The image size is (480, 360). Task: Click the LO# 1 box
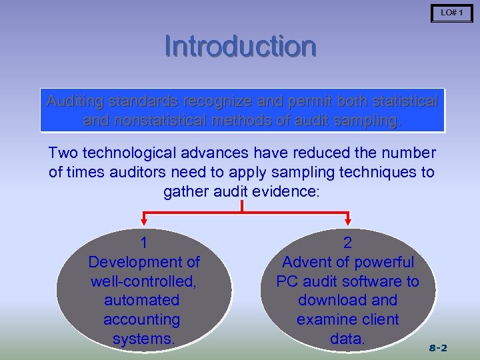coord(451,13)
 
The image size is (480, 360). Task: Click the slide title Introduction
coord(240,47)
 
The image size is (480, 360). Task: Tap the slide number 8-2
coord(437,348)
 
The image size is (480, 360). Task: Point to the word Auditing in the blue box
coord(75,102)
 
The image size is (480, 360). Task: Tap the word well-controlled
coord(144,281)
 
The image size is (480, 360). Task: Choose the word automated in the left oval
coord(142,301)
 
